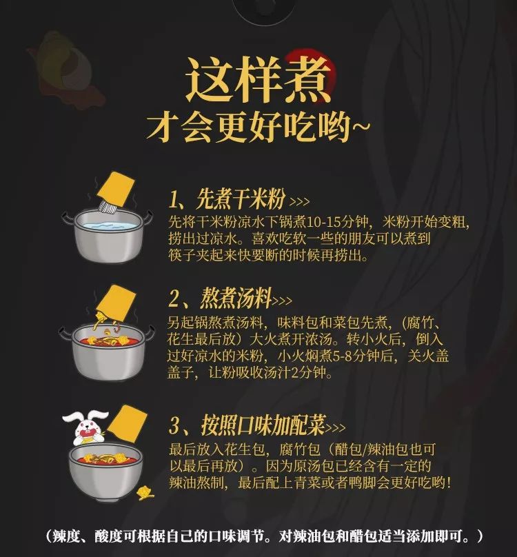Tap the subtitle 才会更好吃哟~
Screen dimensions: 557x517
[x=258, y=128]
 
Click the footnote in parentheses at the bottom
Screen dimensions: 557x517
[x=258, y=536]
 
